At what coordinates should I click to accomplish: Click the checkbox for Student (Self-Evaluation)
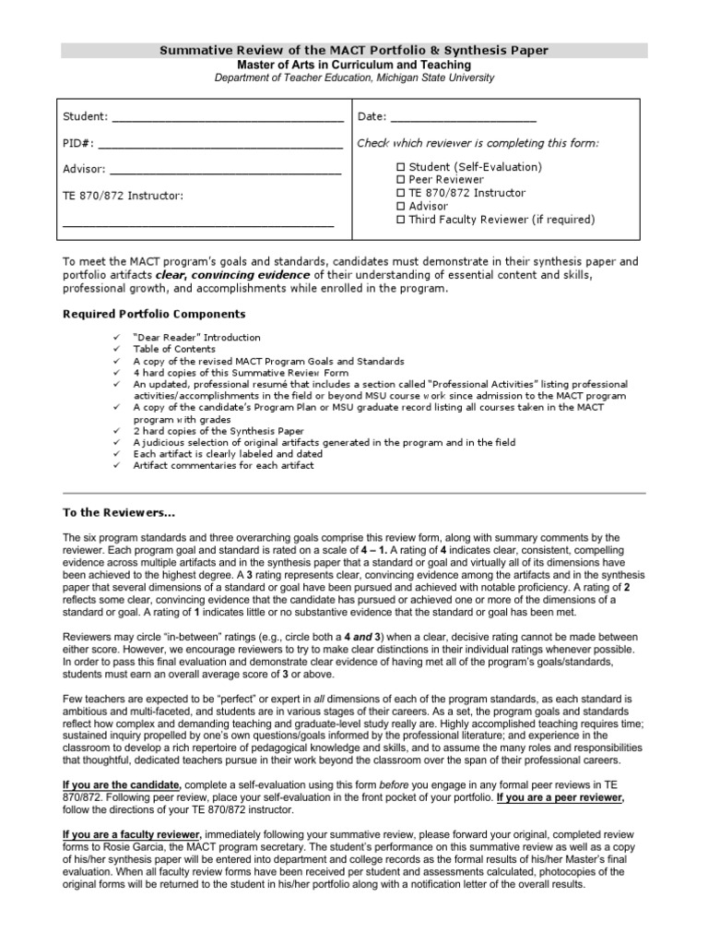pos(400,167)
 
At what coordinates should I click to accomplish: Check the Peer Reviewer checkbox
pos(400,180)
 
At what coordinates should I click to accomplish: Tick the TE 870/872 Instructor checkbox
pos(400,193)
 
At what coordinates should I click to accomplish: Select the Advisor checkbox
pos(400,207)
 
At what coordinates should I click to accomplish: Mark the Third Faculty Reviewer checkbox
pos(400,220)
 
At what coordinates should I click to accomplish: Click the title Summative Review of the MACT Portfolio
pos(354,50)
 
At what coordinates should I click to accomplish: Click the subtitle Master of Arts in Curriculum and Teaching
pos(354,66)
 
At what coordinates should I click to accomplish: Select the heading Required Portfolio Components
pos(154,314)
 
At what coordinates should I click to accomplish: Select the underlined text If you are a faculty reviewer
pos(131,834)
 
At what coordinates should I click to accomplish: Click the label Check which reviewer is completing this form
pos(478,143)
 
